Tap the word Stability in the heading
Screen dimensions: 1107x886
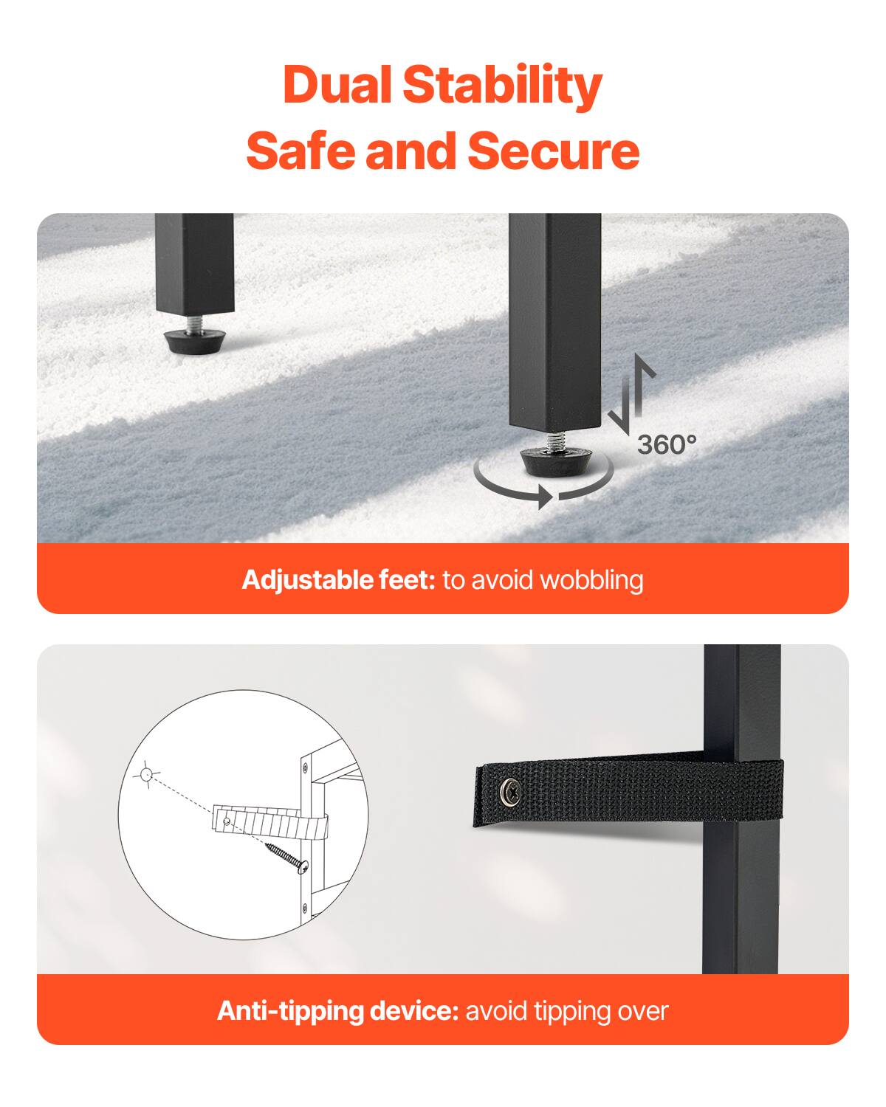[x=502, y=87]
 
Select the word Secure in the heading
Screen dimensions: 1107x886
[x=553, y=151]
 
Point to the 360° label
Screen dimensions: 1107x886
[x=666, y=444]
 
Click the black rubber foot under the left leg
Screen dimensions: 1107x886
[x=194, y=342]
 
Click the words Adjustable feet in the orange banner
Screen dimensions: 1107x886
[x=339, y=580]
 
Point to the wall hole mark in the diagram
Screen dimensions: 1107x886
[x=145, y=774]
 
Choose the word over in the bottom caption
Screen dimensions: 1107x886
[x=643, y=1011]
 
